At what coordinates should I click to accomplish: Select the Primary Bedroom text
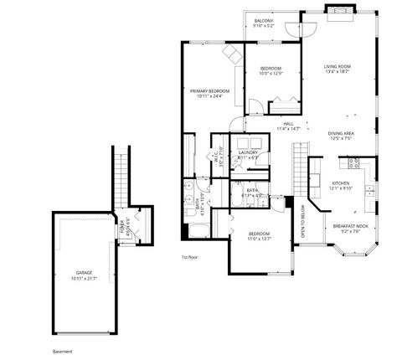click(x=209, y=90)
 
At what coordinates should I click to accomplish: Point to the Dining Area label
click(x=340, y=132)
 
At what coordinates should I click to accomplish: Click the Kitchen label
click(x=340, y=183)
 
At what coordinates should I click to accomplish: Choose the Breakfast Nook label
click(x=347, y=226)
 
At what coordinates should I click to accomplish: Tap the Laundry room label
click(x=248, y=152)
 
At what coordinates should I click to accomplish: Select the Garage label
click(x=84, y=273)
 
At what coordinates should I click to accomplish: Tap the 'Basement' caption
click(x=63, y=351)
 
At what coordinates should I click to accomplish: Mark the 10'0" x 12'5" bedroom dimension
click(x=270, y=74)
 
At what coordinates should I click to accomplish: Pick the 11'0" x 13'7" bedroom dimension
click(x=259, y=239)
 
